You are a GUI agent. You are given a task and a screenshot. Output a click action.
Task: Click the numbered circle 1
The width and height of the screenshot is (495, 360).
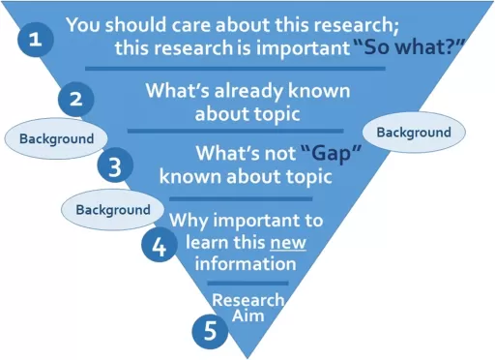[x=36, y=40]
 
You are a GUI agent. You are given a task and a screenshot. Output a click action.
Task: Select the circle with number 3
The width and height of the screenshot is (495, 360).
[x=115, y=165]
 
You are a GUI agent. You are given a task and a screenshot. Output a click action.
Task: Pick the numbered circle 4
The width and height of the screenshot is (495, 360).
[x=159, y=244]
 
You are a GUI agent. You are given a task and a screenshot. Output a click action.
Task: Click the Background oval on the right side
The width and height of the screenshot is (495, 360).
[x=413, y=132]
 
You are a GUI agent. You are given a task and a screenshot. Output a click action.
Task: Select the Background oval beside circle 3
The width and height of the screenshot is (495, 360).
[x=57, y=138]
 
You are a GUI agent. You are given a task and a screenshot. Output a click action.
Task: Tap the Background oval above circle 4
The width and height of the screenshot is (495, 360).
[x=113, y=209]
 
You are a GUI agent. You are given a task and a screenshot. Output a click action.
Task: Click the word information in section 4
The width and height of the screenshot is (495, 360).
[x=245, y=263]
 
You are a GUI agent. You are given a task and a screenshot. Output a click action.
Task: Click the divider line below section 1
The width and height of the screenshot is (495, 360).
[x=235, y=68]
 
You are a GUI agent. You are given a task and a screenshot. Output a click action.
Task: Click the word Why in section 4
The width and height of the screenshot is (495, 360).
[x=189, y=221]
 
